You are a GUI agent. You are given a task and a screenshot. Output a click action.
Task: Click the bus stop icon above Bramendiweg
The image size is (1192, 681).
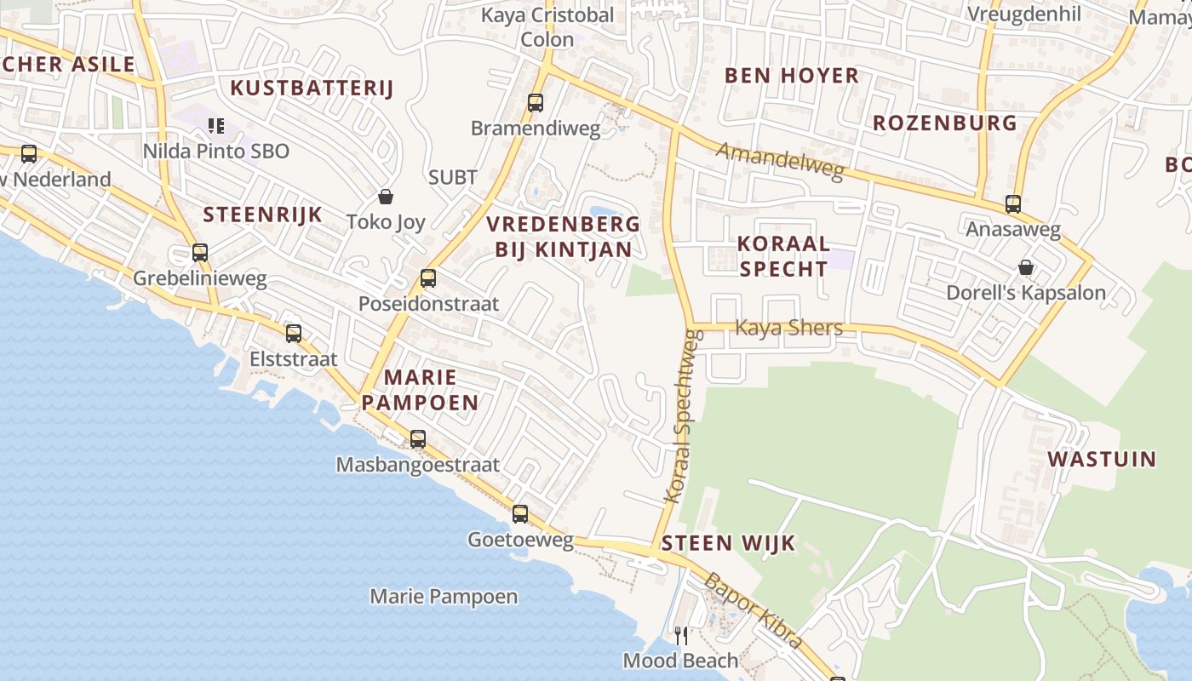click(536, 103)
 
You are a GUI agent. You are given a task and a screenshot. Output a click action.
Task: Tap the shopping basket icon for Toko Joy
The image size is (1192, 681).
click(386, 197)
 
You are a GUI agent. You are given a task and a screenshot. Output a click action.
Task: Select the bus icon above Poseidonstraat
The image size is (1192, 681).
click(428, 278)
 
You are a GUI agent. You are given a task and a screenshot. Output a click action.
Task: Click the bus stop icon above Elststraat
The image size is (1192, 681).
click(294, 334)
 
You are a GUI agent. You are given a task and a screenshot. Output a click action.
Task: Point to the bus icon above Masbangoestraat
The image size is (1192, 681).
click(418, 439)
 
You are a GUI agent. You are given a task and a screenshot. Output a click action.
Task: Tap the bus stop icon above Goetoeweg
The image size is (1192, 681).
click(520, 514)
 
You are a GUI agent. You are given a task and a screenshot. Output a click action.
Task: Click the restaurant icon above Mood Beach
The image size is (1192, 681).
click(681, 635)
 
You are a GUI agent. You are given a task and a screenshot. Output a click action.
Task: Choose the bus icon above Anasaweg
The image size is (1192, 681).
click(1013, 204)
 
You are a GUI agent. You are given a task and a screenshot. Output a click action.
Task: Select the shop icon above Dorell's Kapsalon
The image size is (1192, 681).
click(1026, 267)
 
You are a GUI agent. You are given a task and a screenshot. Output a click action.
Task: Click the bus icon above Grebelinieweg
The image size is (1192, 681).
click(200, 253)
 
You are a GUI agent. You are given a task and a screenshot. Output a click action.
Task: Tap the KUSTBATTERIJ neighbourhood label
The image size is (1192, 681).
click(312, 88)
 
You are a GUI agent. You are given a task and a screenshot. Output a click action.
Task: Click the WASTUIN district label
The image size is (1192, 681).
click(1102, 460)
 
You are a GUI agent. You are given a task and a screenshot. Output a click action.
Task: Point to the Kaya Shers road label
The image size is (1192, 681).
click(788, 328)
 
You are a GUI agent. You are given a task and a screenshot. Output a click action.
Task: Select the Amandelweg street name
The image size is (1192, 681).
click(780, 162)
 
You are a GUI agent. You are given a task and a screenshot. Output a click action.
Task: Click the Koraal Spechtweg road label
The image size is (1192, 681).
click(683, 417)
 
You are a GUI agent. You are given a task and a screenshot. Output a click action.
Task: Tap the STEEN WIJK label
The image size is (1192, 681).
click(728, 543)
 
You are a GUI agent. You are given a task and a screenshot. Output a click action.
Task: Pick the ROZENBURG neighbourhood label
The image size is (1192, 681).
click(944, 123)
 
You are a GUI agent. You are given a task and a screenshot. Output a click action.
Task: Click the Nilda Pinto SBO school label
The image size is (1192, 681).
click(216, 152)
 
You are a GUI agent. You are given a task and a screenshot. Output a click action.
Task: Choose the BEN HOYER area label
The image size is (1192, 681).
click(791, 76)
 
